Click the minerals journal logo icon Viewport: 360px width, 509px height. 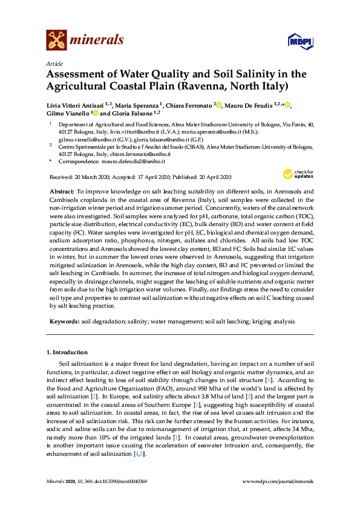click(57, 40)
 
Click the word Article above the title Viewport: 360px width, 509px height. click(54, 63)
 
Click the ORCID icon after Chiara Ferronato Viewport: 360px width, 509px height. click(219, 106)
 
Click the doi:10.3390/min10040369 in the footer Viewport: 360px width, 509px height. click(118, 481)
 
